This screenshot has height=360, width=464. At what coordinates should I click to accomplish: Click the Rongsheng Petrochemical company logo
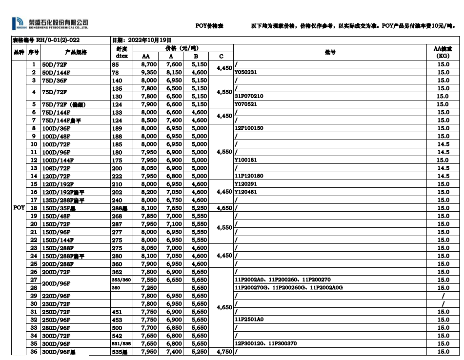pyautogui.click(x=50, y=23)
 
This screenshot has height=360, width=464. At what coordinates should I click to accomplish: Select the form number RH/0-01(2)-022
pyautogui.click(x=46, y=40)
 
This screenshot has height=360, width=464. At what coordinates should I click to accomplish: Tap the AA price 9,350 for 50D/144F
pyautogui.click(x=149, y=72)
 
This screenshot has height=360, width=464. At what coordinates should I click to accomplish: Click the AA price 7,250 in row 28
pyautogui.click(x=149, y=288)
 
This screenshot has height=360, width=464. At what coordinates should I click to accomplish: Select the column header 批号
pyautogui.click(x=330, y=52)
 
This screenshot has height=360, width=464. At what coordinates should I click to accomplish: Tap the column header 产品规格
pyautogui.click(x=75, y=52)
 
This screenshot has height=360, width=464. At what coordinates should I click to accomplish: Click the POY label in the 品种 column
pyautogui.click(x=19, y=208)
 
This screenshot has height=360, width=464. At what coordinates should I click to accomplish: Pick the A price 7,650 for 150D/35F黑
pyautogui.click(x=174, y=208)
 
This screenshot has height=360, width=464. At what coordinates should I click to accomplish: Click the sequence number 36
pyautogui.click(x=34, y=352)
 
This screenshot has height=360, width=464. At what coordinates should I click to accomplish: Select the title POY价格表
pyautogui.click(x=209, y=25)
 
